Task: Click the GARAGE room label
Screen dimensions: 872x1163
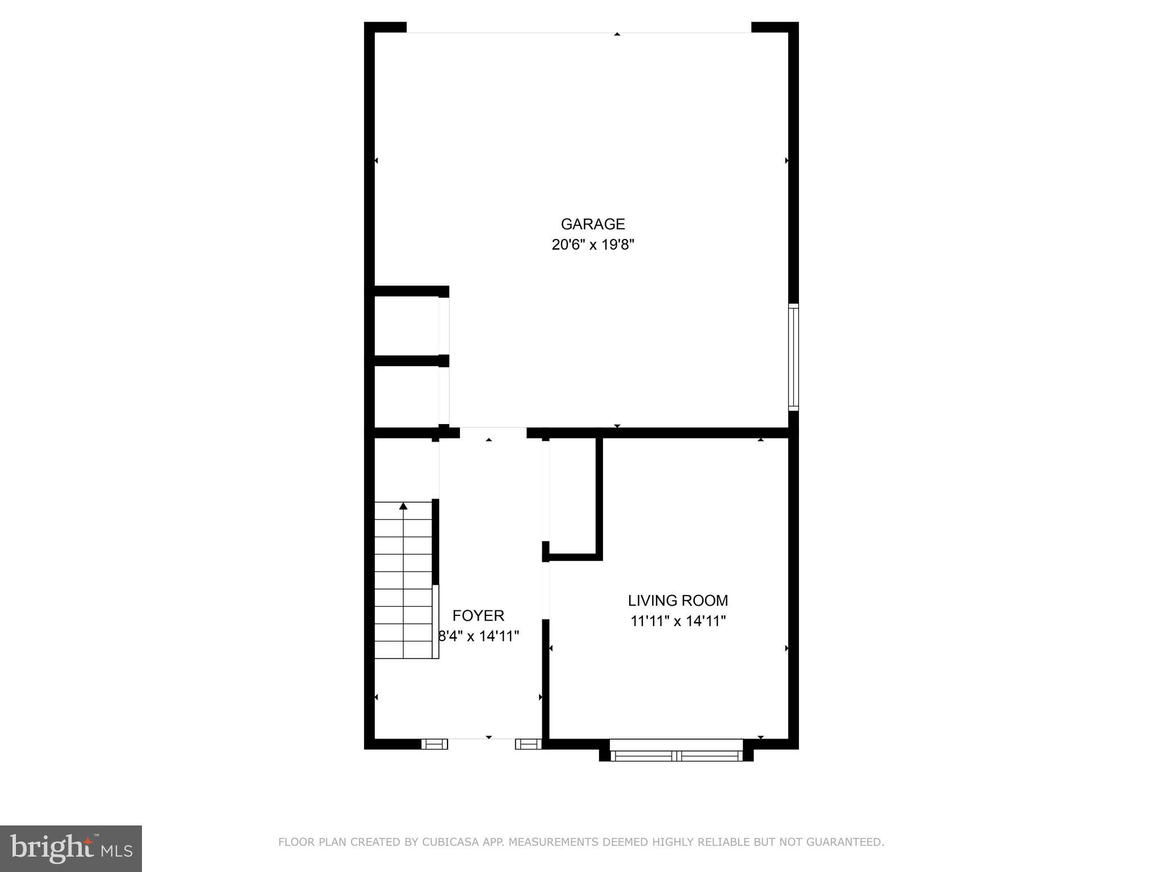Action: pyautogui.click(x=593, y=224)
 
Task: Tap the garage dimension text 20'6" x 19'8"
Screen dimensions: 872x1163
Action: pyautogui.click(x=593, y=245)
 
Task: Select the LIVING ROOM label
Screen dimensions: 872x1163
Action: pyautogui.click(x=677, y=601)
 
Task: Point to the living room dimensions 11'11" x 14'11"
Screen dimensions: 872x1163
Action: pyautogui.click(x=678, y=621)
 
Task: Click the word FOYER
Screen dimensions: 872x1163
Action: pyautogui.click(x=478, y=615)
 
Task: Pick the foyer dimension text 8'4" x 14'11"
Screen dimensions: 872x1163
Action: pyautogui.click(x=479, y=636)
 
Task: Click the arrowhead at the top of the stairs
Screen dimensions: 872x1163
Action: pyautogui.click(x=403, y=506)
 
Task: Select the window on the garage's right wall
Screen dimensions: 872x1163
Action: pyautogui.click(x=793, y=357)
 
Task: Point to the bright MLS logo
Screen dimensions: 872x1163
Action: pyautogui.click(x=71, y=849)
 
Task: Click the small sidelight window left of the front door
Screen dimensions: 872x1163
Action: pyautogui.click(x=434, y=744)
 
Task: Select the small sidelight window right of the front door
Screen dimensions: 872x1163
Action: pyautogui.click(x=528, y=744)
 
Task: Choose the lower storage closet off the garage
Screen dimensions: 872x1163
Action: pyautogui.click(x=406, y=396)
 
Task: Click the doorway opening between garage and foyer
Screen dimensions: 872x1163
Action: pyautogui.click(x=493, y=432)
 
